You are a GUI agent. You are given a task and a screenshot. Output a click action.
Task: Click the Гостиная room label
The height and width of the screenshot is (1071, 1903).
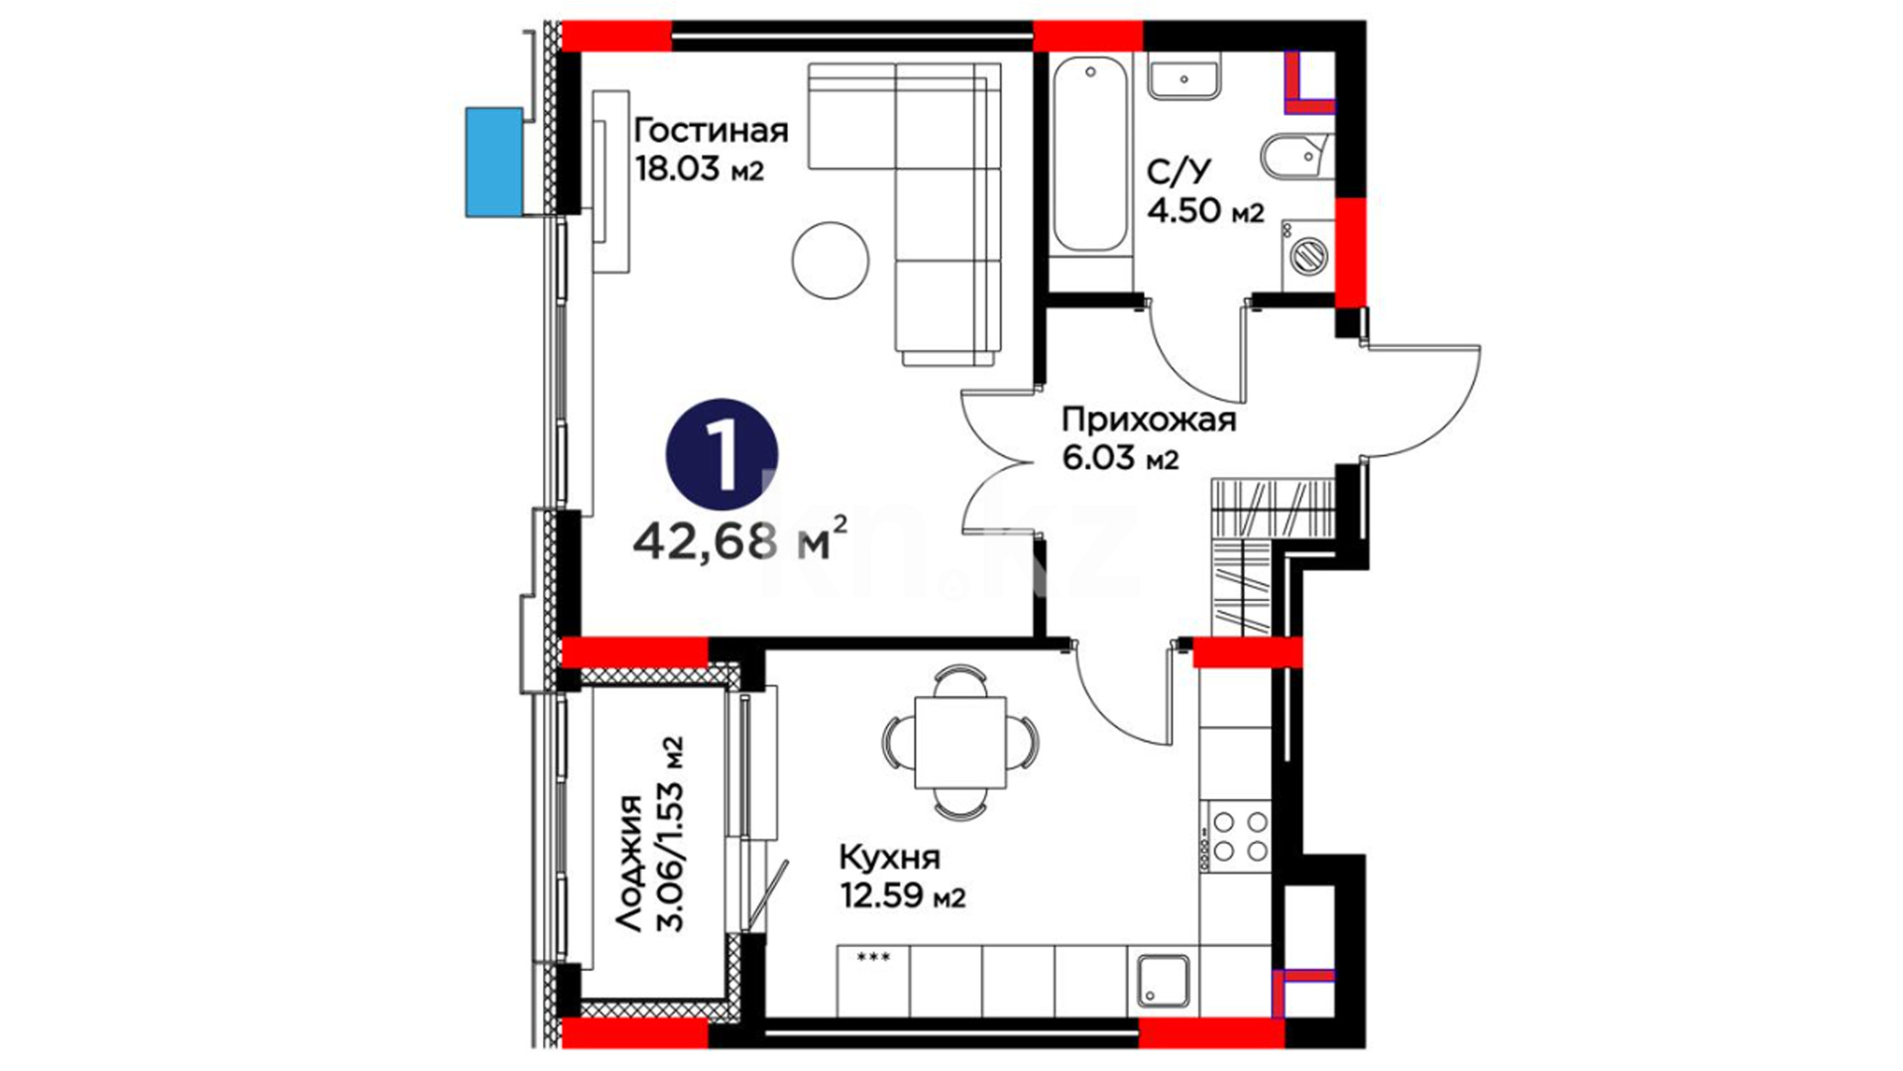711,131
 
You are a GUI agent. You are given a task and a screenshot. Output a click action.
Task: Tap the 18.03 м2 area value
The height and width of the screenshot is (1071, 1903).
700,169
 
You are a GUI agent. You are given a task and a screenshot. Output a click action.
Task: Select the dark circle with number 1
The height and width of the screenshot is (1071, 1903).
722,455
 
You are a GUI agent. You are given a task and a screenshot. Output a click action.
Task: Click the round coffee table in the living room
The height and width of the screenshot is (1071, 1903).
831,260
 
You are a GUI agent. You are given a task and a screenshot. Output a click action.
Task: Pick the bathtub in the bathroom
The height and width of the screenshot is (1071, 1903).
1090,155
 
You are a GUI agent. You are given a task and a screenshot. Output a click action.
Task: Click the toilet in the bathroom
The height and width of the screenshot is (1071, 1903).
1294,156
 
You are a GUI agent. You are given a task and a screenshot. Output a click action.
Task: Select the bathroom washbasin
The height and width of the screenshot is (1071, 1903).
1184,75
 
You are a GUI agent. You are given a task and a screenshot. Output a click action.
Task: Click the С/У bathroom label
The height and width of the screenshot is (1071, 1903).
1178,172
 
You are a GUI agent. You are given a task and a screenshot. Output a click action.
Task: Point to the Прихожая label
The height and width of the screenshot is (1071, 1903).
1149,420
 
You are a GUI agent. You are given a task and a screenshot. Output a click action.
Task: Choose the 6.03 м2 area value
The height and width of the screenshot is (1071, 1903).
1120,458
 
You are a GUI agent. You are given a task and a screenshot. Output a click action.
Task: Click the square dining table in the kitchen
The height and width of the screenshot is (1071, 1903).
959,741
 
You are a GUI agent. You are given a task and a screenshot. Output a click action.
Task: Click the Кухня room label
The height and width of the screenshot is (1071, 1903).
889,857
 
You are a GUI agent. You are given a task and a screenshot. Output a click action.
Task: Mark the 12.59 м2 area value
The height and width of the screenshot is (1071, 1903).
902,896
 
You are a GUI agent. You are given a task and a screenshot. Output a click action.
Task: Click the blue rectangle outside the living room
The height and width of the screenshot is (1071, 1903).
495,163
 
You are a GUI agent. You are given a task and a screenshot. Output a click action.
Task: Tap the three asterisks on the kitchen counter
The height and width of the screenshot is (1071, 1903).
872,958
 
